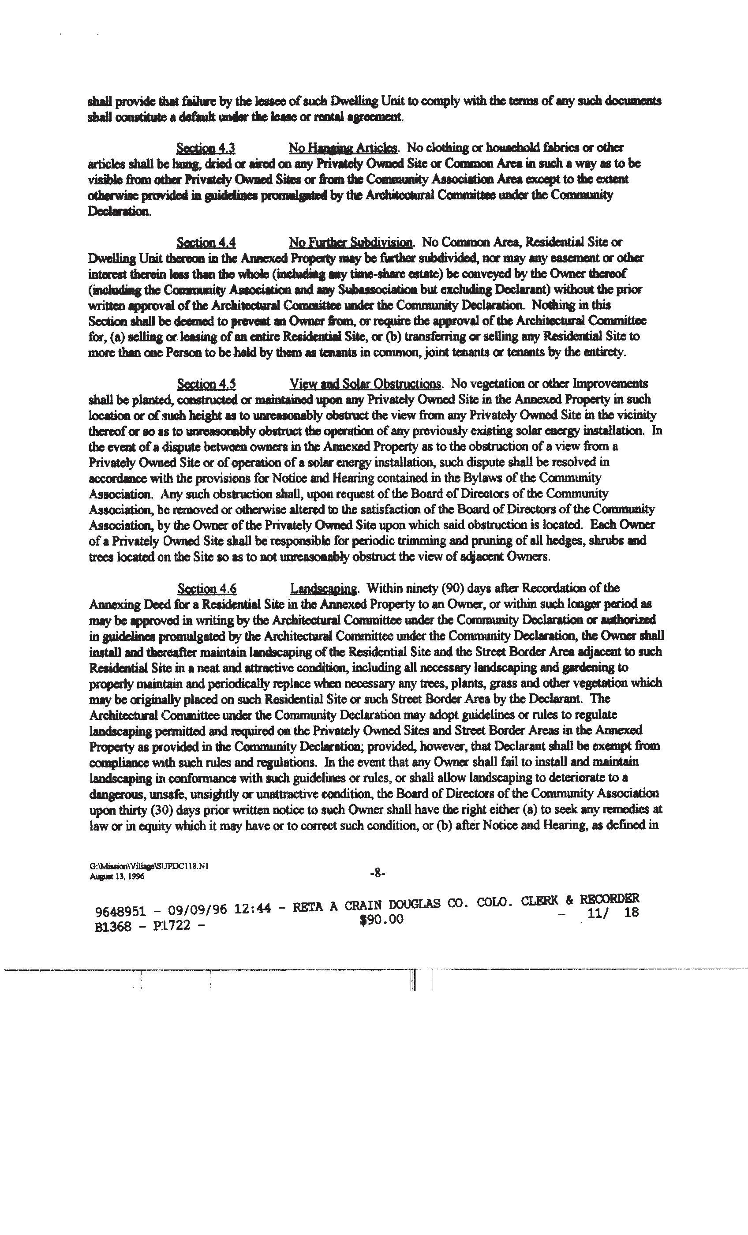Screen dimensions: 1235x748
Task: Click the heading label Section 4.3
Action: pos(206,148)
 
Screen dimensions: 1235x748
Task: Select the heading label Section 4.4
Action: pos(206,243)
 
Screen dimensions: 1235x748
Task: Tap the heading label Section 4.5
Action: pos(206,385)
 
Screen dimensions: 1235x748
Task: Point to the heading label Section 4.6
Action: pos(207,589)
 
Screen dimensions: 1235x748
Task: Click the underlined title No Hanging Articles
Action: pos(343,148)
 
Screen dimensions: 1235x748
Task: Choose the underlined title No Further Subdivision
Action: pos(351,243)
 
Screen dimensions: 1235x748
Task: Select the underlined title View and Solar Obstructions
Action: pos(366,385)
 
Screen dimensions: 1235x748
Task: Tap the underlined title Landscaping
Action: pos(324,589)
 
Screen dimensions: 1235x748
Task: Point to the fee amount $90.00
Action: pos(381,919)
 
